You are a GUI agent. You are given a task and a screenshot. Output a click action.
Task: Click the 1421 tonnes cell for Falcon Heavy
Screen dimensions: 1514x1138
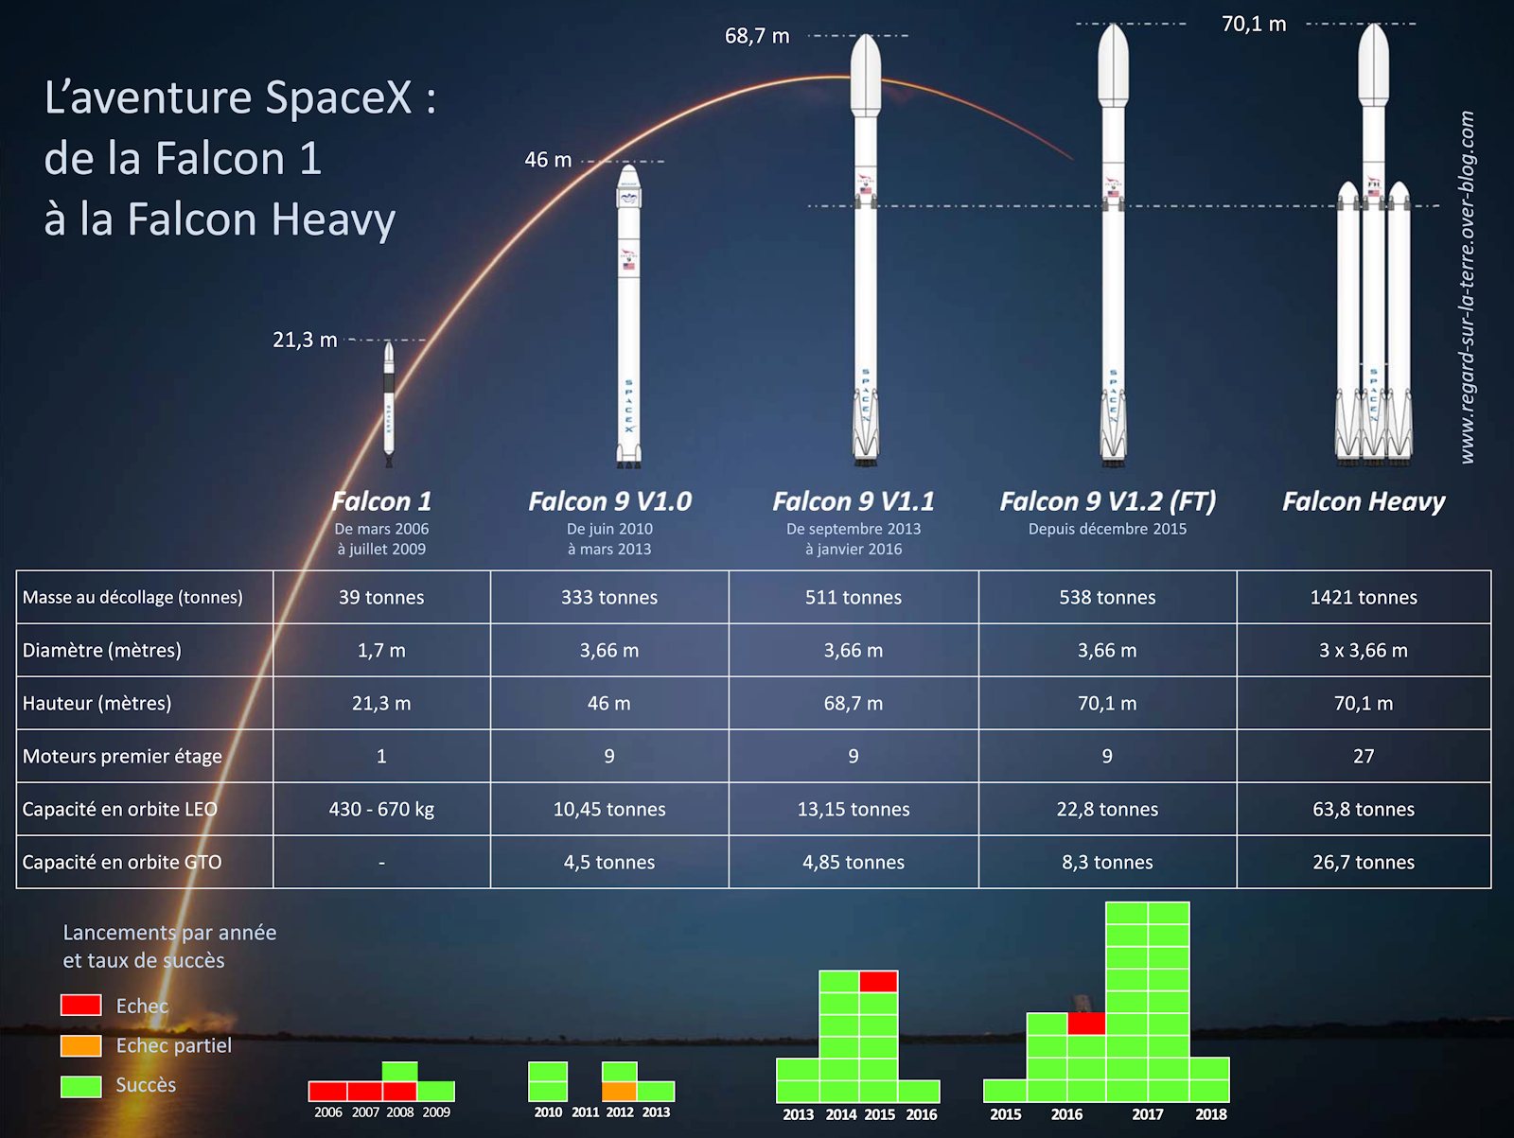tap(1364, 597)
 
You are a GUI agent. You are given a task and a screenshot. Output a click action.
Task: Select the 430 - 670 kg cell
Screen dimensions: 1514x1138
tap(381, 809)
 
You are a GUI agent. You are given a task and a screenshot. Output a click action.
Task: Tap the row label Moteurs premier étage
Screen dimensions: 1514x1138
tap(122, 756)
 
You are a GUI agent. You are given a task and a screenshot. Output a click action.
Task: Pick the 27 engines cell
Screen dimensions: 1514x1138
tap(1364, 756)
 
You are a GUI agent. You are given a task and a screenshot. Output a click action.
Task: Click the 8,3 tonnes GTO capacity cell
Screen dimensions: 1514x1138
tap(1107, 862)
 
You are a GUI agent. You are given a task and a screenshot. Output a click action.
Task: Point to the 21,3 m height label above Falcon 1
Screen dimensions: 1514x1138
tap(305, 340)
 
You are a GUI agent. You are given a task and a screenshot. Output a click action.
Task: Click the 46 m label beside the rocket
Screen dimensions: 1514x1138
tap(548, 160)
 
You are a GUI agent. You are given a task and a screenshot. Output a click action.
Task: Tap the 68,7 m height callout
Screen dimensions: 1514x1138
tap(757, 36)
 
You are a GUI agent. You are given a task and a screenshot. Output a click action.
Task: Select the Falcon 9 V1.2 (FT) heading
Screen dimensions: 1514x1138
tap(1108, 501)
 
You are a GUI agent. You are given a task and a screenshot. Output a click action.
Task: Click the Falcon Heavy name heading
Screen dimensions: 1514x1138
tap(1364, 501)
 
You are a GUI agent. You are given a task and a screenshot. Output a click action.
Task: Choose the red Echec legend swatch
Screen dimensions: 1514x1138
tap(80, 1005)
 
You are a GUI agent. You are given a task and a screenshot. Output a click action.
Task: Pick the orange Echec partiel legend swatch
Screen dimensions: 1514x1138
tap(80, 1045)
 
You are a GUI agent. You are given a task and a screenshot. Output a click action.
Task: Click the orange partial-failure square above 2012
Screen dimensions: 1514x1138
tap(620, 1091)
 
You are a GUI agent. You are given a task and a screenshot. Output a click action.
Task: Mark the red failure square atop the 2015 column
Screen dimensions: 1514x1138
tap(879, 981)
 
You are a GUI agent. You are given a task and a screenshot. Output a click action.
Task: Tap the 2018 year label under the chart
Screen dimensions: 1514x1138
tap(1211, 1113)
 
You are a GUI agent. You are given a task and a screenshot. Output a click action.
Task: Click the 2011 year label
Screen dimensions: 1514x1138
tap(585, 1112)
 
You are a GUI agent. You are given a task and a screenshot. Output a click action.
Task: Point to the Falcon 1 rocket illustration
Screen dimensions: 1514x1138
tap(389, 405)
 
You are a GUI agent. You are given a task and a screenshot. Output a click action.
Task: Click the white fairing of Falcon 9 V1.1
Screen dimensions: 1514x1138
tap(865, 75)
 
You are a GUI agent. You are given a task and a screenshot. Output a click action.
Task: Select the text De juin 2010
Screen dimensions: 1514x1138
tap(609, 529)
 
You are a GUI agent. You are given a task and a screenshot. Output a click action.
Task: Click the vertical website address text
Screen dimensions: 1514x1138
tap(1468, 288)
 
